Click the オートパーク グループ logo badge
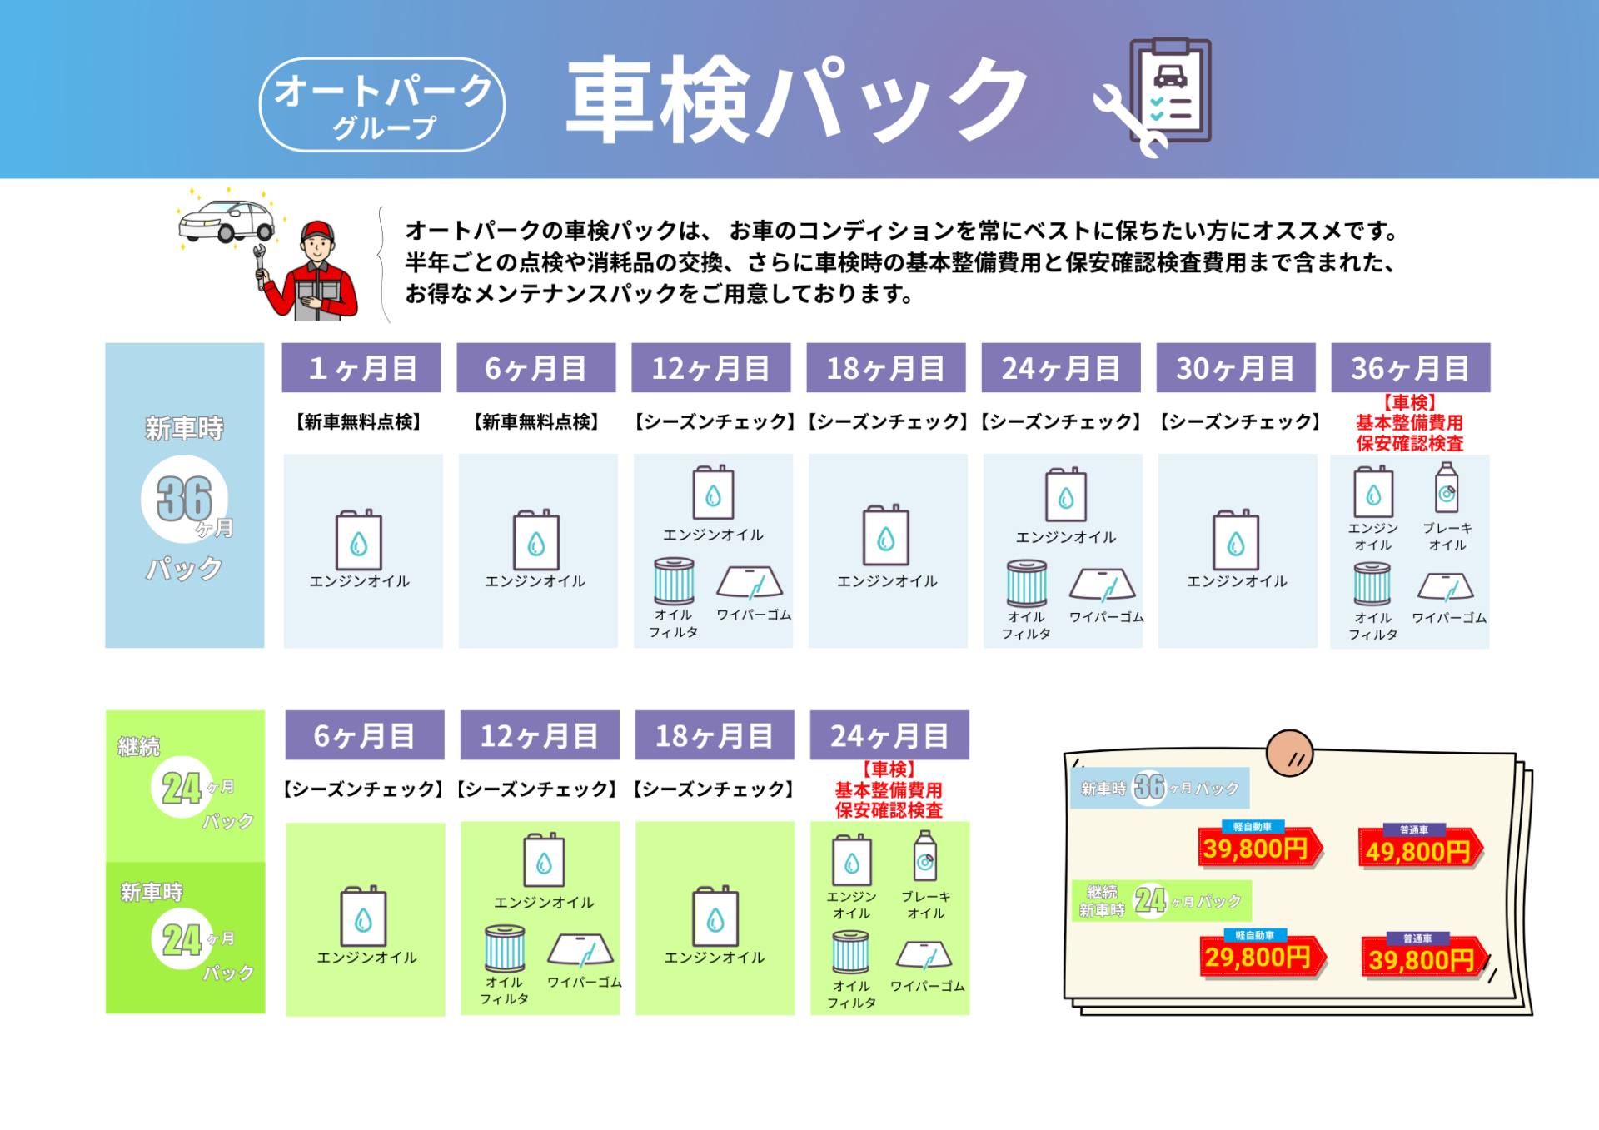click(x=382, y=105)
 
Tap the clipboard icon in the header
click(x=1170, y=90)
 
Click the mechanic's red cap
click(x=317, y=231)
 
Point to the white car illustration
click(x=227, y=220)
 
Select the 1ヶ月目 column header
click(x=361, y=367)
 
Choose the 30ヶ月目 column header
click(x=1236, y=367)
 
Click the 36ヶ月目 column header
click(x=1410, y=367)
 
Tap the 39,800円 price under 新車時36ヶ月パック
click(x=1256, y=849)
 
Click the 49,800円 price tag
click(x=1418, y=851)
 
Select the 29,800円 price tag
click(x=1258, y=957)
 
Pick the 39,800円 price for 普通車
click(x=1422, y=959)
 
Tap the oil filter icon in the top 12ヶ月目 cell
click(x=674, y=580)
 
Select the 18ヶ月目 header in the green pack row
click(x=715, y=735)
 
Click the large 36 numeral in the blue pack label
click(x=184, y=499)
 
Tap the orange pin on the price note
click(x=1289, y=753)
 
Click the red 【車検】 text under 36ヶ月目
click(x=1409, y=403)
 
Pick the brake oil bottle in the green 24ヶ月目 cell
click(x=925, y=857)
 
